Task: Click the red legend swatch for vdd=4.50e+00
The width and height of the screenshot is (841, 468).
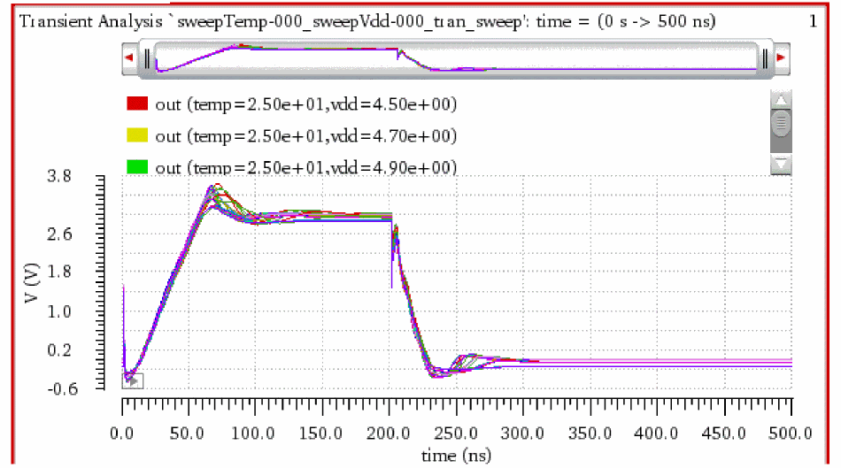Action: (x=137, y=104)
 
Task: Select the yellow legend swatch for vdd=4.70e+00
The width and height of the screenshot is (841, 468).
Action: (x=137, y=135)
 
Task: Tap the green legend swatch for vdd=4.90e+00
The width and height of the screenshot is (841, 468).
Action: (x=137, y=166)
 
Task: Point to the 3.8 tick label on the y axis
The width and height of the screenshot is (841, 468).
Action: (x=84, y=177)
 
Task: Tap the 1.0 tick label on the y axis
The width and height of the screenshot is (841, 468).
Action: (x=84, y=311)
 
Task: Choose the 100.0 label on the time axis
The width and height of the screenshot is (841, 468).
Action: (x=256, y=433)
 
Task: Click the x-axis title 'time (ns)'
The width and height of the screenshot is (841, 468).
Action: (x=457, y=454)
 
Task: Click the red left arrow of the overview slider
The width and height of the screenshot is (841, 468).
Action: (x=129, y=58)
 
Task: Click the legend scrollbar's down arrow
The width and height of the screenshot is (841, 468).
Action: (x=780, y=164)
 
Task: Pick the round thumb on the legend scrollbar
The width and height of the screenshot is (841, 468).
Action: (x=780, y=122)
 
